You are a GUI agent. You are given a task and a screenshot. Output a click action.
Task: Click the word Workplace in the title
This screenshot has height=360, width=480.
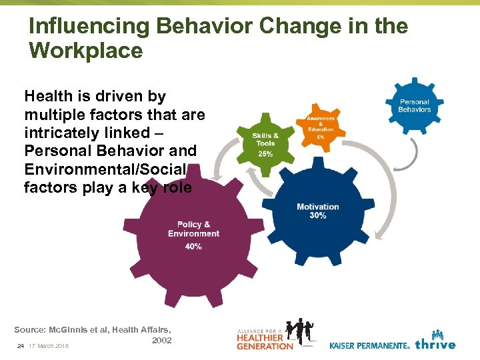[x=86, y=51]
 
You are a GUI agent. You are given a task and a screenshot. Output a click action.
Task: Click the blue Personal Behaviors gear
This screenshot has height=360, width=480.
[x=414, y=105]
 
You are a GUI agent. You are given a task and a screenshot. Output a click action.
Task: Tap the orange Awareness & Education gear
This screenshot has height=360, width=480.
[x=321, y=125]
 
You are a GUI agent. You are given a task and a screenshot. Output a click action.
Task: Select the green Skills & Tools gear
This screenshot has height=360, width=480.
[x=265, y=143]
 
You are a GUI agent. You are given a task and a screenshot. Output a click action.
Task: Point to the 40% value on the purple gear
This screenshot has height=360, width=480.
[x=193, y=247]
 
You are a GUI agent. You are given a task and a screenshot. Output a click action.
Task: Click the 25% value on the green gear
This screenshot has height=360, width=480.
[x=265, y=154]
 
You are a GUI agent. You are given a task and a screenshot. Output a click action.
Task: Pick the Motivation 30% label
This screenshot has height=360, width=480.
[x=318, y=211]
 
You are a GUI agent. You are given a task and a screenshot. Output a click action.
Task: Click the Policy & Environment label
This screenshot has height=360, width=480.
[x=193, y=229]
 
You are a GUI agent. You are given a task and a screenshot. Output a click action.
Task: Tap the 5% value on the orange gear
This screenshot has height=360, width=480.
[x=321, y=137]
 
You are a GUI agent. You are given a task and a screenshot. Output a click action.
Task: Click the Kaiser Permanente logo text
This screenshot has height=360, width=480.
[x=369, y=345]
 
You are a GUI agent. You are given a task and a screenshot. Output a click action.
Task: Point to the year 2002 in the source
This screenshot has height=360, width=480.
[x=161, y=340]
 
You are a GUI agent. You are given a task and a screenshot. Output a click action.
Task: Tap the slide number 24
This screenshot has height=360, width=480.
[x=20, y=345]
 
